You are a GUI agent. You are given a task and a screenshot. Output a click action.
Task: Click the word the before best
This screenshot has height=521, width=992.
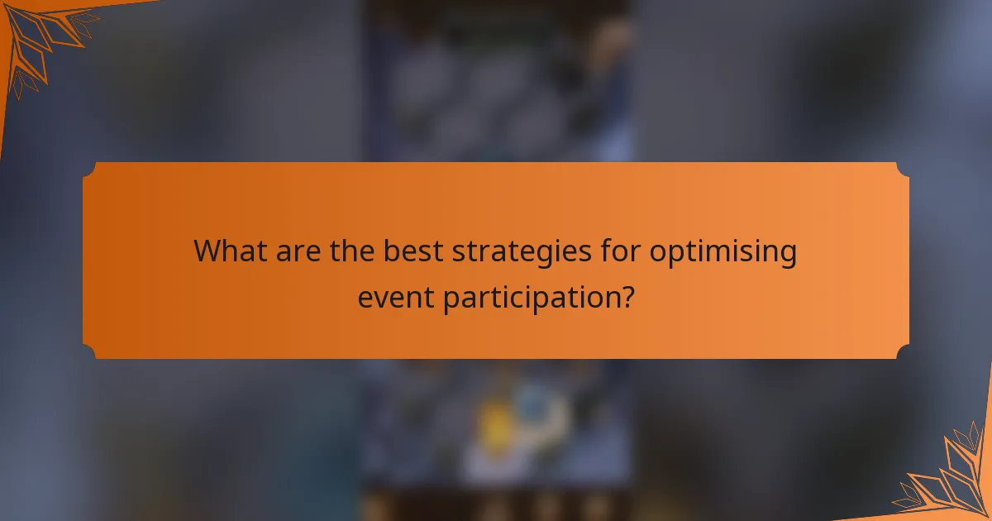coord(353,251)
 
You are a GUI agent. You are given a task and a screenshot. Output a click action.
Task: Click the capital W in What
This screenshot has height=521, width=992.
coord(207,251)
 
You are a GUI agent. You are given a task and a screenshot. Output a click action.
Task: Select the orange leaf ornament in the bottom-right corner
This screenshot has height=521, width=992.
coord(951,480)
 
